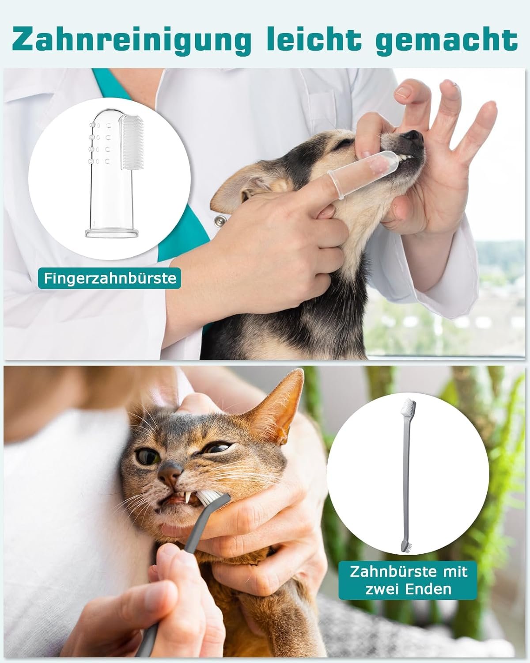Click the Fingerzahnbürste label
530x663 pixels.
coord(110,278)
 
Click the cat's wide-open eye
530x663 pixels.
coord(147,457)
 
